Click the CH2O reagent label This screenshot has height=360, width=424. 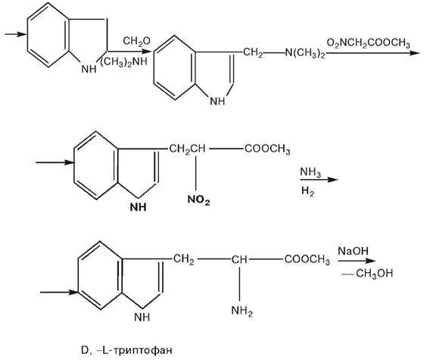pos(136,42)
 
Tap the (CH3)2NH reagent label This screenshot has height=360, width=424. pos(123,61)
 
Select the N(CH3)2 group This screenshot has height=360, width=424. pos(305,53)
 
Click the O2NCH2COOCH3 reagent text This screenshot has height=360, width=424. pos(368,43)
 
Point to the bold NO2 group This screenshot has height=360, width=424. pos(198,200)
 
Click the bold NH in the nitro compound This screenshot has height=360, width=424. pos(138,207)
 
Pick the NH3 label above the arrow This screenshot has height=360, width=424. pos(310,172)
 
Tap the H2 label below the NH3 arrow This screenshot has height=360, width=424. pos(307,191)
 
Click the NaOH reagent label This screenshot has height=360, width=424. pos(353,251)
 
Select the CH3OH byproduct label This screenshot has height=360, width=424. pos(374,274)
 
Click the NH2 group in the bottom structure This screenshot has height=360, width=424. pos(242,311)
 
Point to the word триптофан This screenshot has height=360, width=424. pos(142,350)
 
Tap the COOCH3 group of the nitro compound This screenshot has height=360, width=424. pos(267,149)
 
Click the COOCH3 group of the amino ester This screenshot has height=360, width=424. pos(307,259)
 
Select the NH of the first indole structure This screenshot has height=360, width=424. pos(89,69)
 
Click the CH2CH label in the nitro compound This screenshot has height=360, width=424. pos(187,149)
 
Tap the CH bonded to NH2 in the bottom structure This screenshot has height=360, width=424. pos(239,259)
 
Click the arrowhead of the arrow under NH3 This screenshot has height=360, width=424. pos(332,180)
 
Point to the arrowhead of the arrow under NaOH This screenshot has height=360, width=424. pos(370,261)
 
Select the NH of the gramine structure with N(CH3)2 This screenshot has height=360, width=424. pos(218,102)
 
